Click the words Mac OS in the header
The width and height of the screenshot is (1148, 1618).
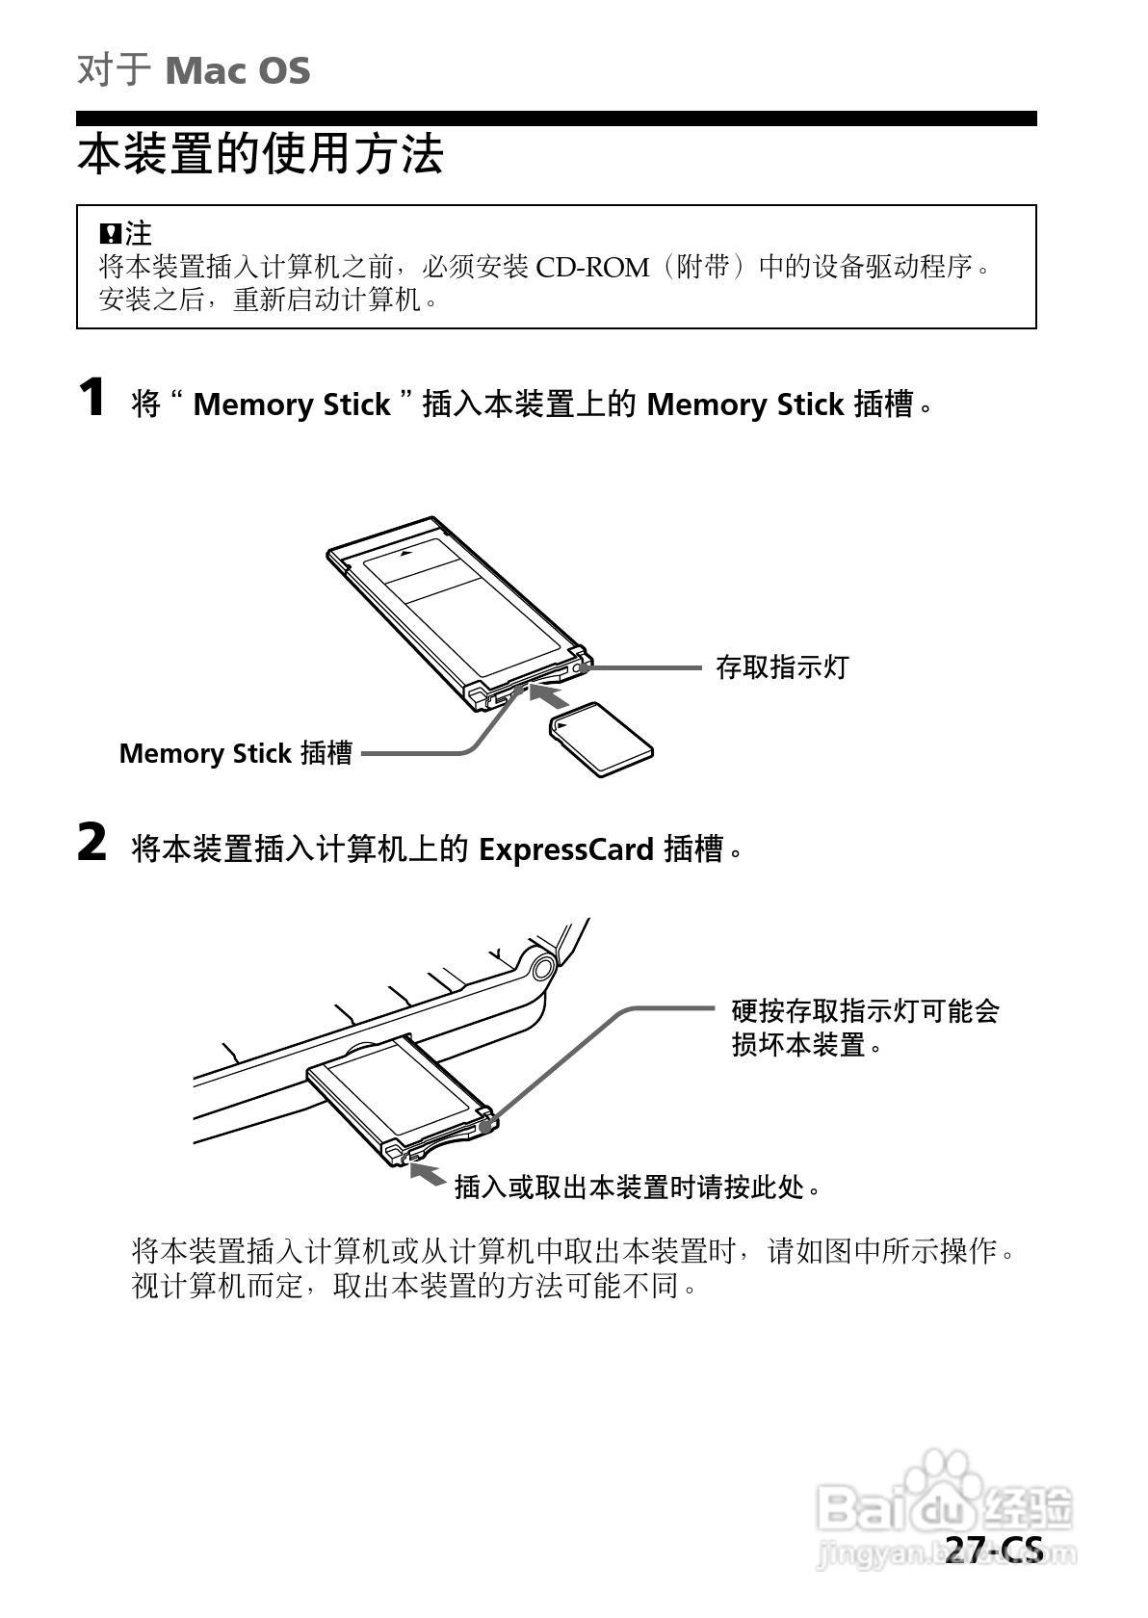(237, 71)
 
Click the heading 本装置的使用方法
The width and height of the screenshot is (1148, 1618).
(259, 154)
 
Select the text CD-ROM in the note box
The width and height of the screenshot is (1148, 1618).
(592, 267)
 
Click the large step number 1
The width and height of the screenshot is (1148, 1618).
(92, 398)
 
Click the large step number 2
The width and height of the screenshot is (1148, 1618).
(92, 843)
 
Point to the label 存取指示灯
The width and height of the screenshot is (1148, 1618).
(782, 666)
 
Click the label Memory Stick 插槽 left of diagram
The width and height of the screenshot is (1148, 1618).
(236, 753)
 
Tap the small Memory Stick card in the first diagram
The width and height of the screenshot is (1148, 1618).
(601, 739)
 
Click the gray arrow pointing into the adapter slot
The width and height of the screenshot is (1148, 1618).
(551, 695)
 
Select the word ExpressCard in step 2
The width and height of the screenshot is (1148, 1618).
(566, 849)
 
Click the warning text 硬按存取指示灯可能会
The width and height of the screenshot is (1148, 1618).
(865, 1011)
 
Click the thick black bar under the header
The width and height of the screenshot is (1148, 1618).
(556, 118)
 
